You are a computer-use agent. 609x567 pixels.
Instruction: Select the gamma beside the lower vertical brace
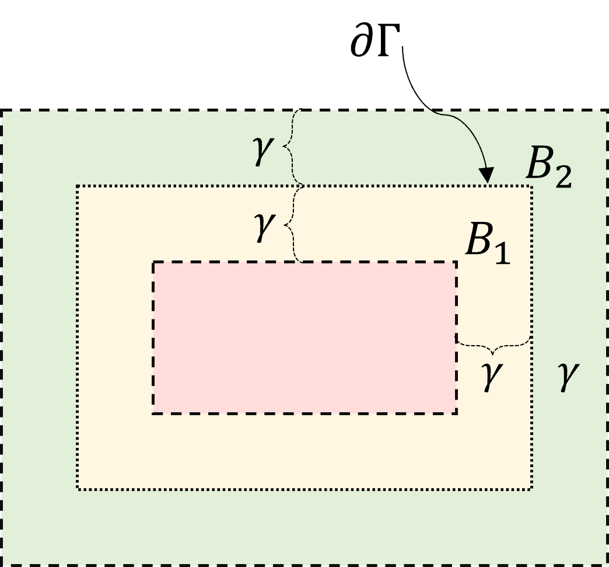click(263, 227)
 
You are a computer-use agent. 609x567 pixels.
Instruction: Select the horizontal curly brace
click(494, 347)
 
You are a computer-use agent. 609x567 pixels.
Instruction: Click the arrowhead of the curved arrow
click(486, 175)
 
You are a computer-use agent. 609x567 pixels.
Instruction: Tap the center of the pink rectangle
click(304, 338)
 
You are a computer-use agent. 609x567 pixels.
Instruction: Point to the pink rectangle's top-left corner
click(153, 262)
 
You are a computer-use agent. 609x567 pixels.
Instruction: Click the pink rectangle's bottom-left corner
click(153, 413)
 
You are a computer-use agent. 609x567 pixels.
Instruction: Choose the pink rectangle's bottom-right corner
click(456, 413)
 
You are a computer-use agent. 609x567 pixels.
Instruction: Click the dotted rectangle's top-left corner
click(78, 186)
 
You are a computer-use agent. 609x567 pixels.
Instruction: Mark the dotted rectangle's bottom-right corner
click(531, 489)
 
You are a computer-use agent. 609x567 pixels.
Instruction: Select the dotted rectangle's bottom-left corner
click(78, 489)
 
